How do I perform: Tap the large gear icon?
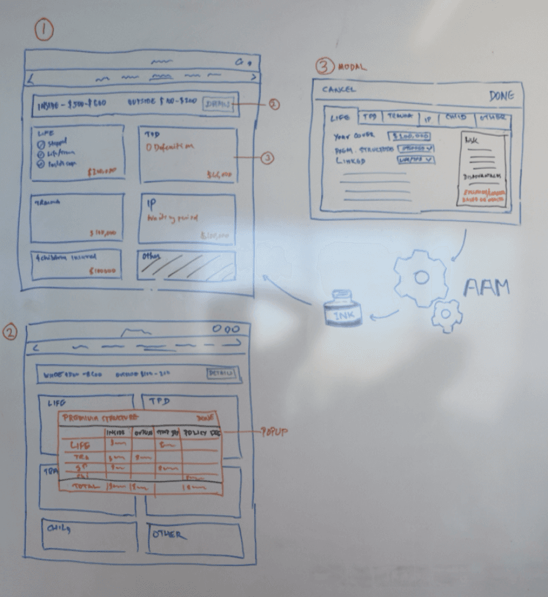[x=420, y=277]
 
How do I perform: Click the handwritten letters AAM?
[x=486, y=288]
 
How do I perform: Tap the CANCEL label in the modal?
[x=339, y=90]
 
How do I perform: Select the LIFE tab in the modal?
[x=341, y=117]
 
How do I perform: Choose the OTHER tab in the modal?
[x=493, y=117]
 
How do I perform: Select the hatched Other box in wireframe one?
[x=186, y=265]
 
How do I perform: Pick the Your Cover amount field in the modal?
[x=409, y=136]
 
